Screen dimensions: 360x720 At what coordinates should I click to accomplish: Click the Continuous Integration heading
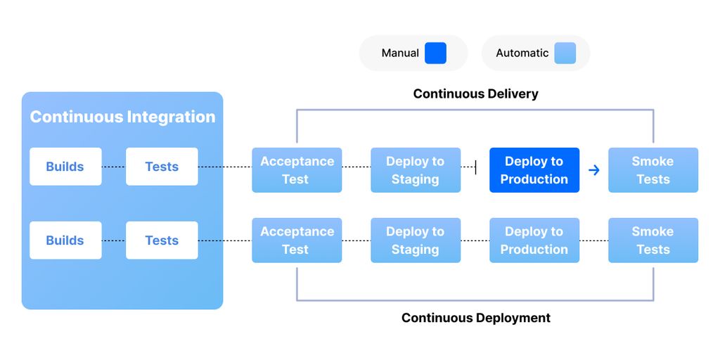coord(122,117)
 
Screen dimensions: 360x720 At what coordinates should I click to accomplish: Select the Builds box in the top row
coord(65,167)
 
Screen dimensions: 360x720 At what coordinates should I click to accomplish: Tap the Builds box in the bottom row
coord(65,240)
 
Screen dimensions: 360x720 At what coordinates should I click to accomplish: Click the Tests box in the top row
coord(162,167)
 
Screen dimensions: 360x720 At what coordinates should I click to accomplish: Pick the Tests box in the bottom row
coord(162,240)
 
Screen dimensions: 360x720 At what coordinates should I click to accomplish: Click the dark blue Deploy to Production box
coord(534,170)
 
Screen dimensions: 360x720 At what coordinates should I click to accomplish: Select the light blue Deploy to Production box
coord(534,240)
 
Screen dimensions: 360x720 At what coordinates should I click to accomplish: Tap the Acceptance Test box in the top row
coord(297,170)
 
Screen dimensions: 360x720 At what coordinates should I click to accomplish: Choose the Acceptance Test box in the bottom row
coord(297,240)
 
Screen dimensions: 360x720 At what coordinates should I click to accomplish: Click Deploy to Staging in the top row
coord(416,170)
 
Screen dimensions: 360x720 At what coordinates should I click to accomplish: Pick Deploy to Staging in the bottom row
coord(416,240)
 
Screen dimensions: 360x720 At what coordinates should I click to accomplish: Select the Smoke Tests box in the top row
coord(653,170)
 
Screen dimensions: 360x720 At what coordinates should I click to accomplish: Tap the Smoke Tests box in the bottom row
coord(653,240)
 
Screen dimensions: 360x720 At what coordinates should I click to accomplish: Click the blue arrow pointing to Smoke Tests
coord(594,170)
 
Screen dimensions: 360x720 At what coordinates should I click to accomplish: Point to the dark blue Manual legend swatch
coord(435,53)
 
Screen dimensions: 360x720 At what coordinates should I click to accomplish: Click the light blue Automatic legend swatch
coord(565,53)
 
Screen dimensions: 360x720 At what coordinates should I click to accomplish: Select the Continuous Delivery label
coord(475,94)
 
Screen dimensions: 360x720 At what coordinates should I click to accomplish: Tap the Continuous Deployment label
coord(475,318)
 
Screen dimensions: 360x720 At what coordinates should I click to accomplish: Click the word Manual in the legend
coord(400,53)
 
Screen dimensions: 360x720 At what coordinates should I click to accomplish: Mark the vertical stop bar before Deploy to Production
coord(476,167)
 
